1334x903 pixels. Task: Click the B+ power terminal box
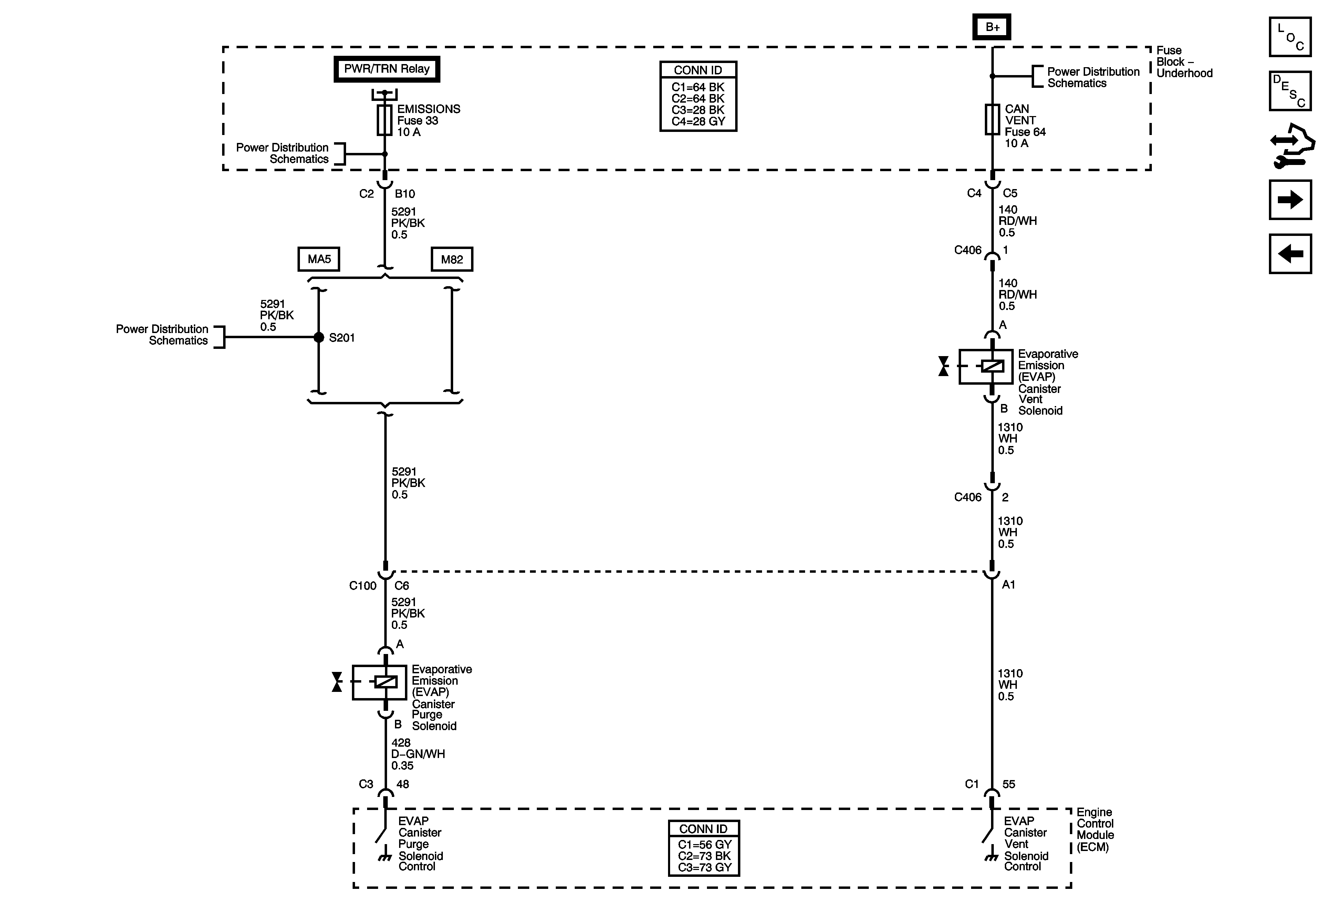pyautogui.click(x=991, y=27)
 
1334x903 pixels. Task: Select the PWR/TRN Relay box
pyautogui.click(x=386, y=69)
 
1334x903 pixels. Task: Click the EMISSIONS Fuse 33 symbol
pyautogui.click(x=385, y=120)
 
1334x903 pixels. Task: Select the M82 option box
pyautogui.click(x=452, y=259)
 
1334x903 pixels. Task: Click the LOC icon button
pyautogui.click(x=1290, y=37)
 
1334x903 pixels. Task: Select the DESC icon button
pyautogui.click(x=1290, y=91)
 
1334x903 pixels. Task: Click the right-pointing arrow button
pyautogui.click(x=1290, y=200)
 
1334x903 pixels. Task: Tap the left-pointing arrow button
pyautogui.click(x=1290, y=254)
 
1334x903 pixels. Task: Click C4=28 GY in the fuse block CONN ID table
pyautogui.click(x=698, y=122)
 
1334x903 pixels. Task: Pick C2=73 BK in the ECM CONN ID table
pyautogui.click(x=704, y=856)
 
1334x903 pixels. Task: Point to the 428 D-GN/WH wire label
pyautogui.click(x=418, y=754)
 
